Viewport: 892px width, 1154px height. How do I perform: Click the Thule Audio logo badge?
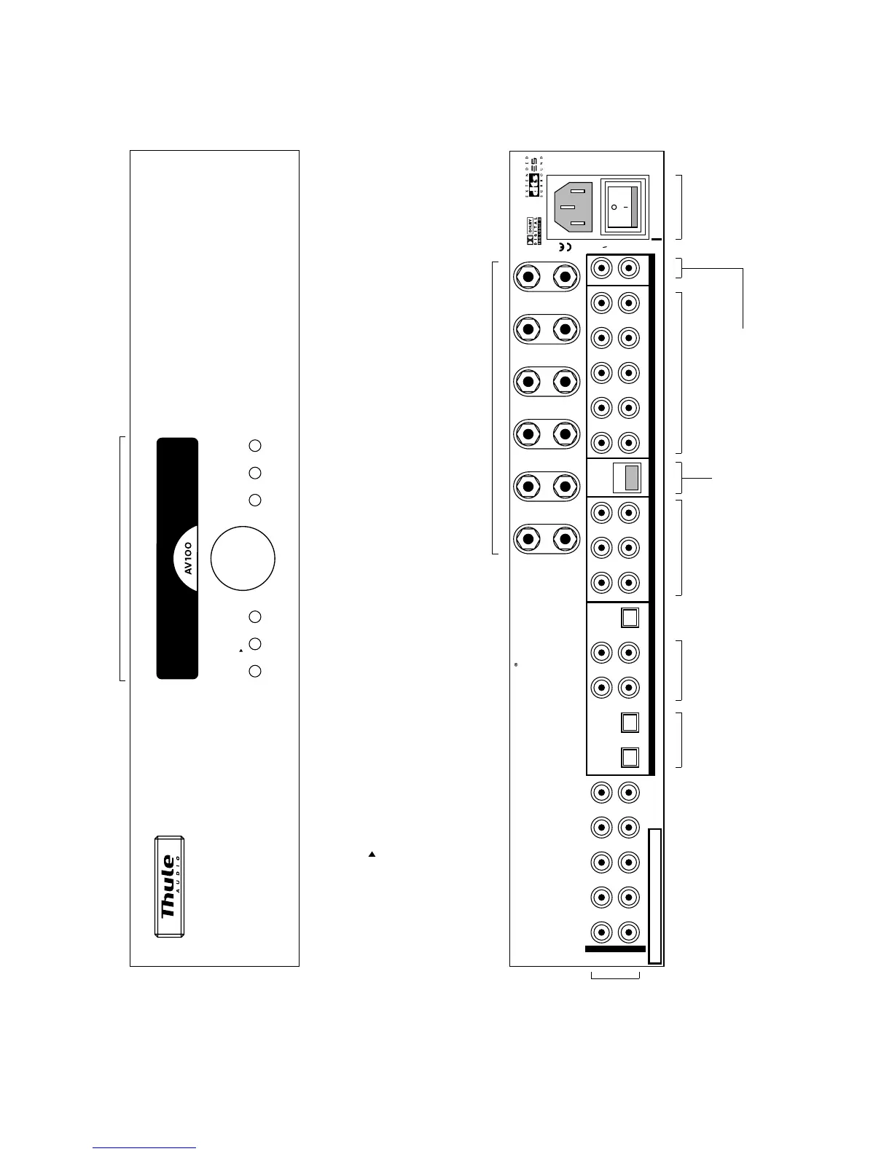pos(169,886)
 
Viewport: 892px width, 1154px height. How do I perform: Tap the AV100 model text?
pos(188,557)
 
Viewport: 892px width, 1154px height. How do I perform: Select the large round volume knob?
pos(243,559)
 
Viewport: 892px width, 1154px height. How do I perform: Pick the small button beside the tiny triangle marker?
pos(254,644)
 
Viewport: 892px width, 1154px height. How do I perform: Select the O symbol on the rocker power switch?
pos(614,207)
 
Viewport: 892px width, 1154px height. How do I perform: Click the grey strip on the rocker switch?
pos(634,207)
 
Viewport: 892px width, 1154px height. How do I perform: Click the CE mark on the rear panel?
pos(564,247)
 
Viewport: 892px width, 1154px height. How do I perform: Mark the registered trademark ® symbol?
pos(515,664)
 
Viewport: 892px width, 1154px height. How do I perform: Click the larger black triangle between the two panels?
pos(372,853)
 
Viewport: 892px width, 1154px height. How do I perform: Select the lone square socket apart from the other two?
pos(630,618)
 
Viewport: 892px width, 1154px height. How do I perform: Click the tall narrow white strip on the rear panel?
pos(654,895)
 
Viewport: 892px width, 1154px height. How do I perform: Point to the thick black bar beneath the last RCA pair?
pos(615,949)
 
